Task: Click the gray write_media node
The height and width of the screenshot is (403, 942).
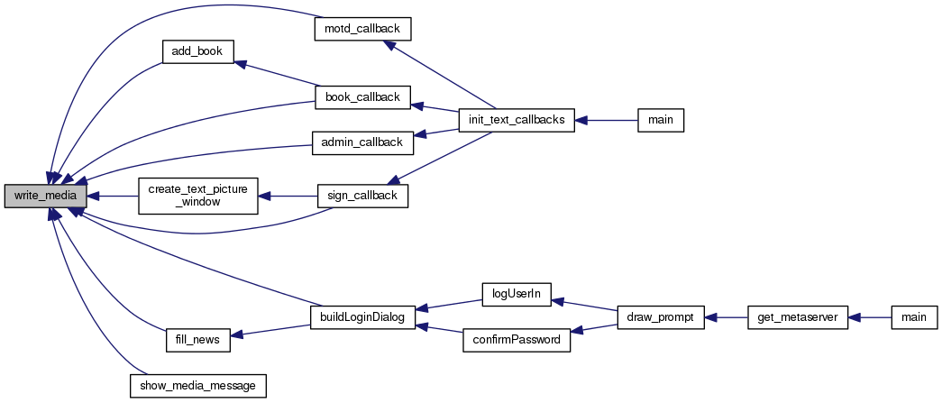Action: [46, 197]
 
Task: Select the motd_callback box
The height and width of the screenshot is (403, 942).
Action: [362, 30]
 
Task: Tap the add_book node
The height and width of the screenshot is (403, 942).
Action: [197, 51]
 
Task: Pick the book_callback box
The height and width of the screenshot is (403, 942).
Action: [362, 97]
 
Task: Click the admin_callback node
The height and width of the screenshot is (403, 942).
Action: [362, 143]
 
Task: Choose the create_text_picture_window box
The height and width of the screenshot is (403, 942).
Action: [197, 196]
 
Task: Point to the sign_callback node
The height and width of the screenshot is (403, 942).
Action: [362, 197]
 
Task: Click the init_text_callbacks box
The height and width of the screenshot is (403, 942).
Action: [516, 120]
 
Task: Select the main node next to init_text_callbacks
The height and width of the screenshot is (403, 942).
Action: [661, 120]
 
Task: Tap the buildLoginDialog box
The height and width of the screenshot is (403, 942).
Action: [362, 316]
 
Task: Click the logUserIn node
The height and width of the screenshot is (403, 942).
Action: [517, 294]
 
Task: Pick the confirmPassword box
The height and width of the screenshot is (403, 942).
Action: [517, 339]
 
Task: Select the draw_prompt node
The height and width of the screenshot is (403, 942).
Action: [661, 316]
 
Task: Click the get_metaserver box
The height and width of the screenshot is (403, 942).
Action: [798, 316]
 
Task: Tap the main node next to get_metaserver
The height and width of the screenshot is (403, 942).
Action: [914, 316]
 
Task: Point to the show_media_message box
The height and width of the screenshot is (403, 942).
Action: [197, 385]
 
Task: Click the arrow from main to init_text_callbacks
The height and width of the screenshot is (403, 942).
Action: [606, 120]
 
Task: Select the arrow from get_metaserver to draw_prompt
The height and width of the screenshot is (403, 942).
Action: [726, 316]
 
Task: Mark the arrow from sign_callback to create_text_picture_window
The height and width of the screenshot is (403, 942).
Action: [288, 197]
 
